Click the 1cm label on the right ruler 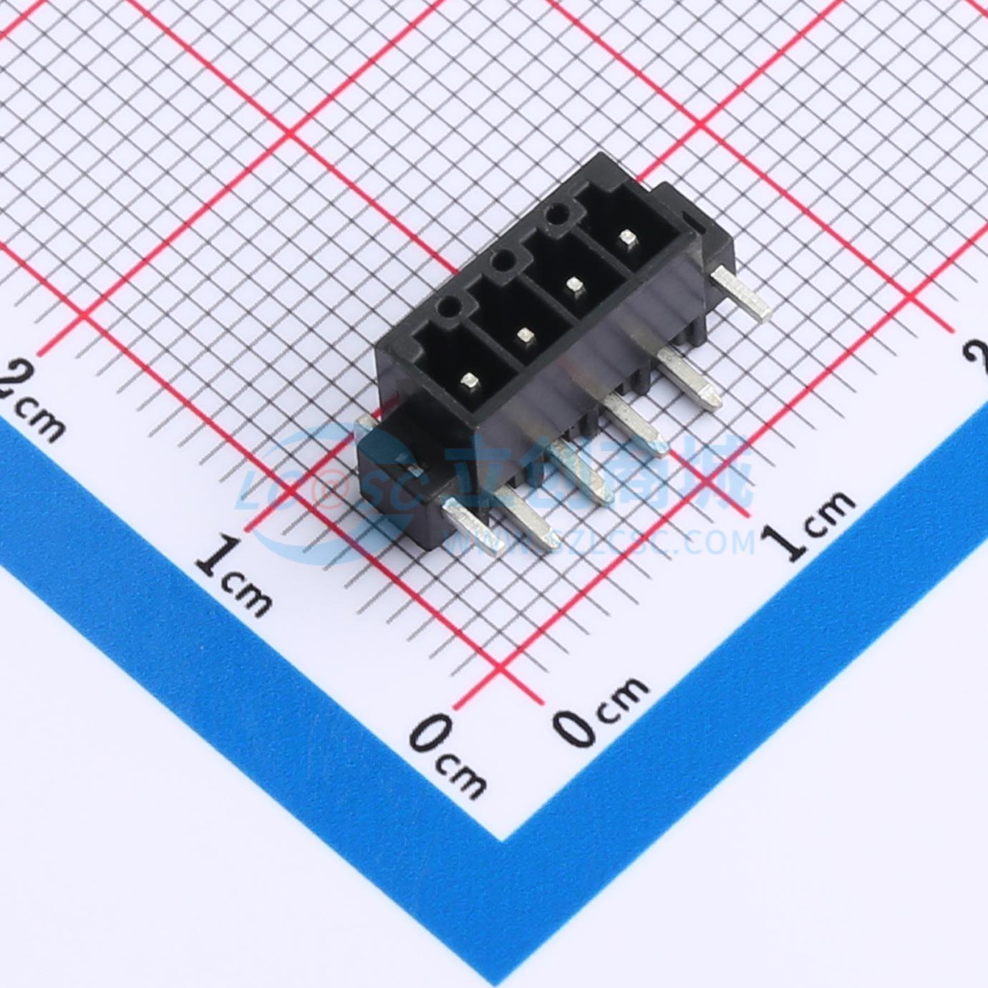[x=817, y=523]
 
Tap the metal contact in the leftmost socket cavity [x=470, y=379]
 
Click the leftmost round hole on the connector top [x=450, y=308]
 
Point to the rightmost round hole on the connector [x=556, y=214]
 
